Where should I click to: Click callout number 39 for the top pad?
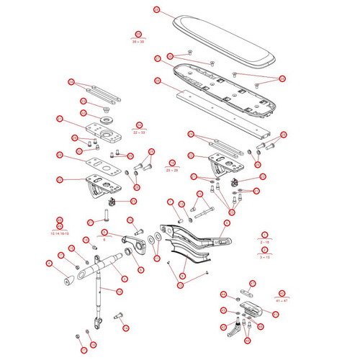(156, 11)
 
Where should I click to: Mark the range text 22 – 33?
(139, 132)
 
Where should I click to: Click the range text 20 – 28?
(172, 169)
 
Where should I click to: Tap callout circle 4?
(49, 264)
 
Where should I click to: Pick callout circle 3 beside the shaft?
(123, 279)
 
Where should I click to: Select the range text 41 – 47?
(282, 301)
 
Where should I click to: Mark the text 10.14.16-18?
(60, 233)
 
